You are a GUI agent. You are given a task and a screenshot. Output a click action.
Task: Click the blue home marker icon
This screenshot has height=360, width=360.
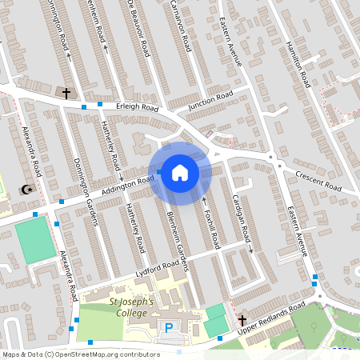click(x=180, y=172)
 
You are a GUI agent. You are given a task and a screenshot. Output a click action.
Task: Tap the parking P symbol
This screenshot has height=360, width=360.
click(x=169, y=327)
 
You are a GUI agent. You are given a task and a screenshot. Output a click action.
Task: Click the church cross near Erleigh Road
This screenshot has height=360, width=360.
click(x=66, y=93)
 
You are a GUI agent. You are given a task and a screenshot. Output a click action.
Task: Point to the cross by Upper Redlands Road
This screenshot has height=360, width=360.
click(x=242, y=321)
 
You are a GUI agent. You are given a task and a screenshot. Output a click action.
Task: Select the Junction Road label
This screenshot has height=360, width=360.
click(x=210, y=100)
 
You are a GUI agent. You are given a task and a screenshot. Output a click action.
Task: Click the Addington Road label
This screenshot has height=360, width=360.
click(x=127, y=186)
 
